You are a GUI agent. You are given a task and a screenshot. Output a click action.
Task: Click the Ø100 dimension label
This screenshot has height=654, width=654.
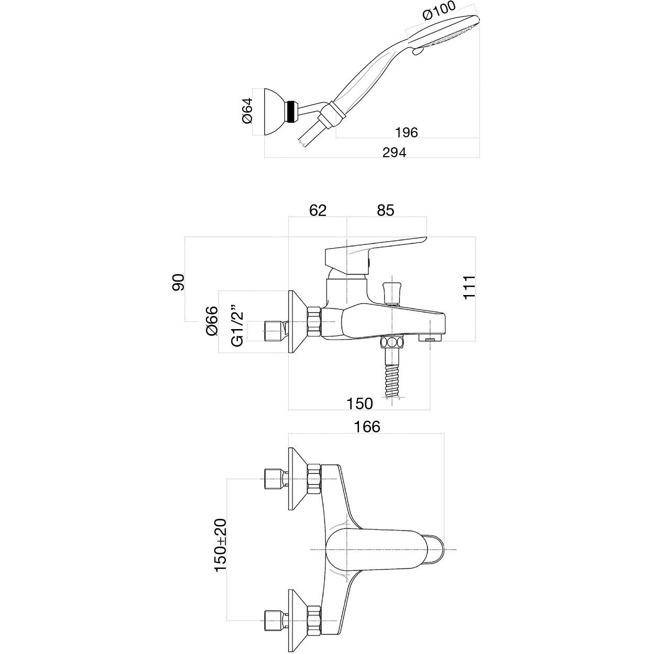tap(439, 11)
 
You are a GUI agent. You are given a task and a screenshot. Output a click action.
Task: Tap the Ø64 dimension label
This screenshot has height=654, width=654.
tap(248, 111)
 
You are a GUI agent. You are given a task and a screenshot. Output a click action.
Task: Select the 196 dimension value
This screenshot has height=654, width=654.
tap(406, 133)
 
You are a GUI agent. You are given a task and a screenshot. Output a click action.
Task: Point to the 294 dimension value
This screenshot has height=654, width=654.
tap(394, 152)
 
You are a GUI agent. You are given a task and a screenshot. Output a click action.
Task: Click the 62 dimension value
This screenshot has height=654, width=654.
tap(318, 211)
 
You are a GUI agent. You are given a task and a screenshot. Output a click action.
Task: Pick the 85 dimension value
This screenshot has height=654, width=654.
tap(386, 211)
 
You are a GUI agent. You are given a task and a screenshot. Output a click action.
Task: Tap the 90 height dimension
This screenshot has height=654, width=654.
tap(178, 282)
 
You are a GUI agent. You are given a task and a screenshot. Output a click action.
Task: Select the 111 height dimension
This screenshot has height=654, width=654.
tap(470, 288)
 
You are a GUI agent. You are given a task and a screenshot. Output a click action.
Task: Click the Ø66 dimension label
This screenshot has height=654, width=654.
tap(212, 321)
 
